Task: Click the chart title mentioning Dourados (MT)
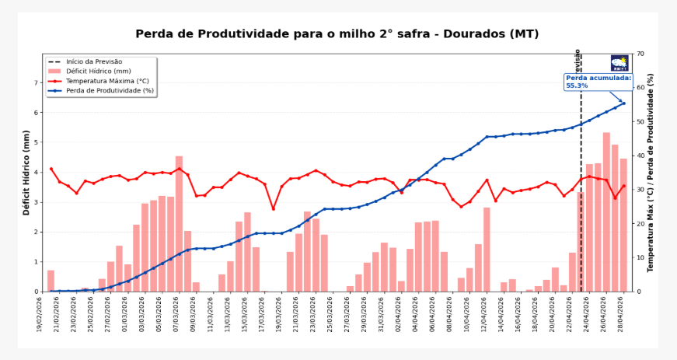point(337,34)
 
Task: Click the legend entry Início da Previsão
point(93,61)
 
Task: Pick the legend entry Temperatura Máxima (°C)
point(107,81)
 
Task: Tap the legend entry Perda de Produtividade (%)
point(110,90)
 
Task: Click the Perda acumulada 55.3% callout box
point(598,82)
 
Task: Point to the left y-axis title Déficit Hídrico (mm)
point(26,173)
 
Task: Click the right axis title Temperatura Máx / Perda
point(651,173)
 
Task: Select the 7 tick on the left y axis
point(36,83)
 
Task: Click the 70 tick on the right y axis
point(640,54)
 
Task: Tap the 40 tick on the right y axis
point(640,156)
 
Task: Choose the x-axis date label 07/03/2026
point(178,315)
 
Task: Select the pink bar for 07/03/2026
point(179,225)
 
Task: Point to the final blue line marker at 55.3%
point(623,103)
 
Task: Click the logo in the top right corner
point(619,63)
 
